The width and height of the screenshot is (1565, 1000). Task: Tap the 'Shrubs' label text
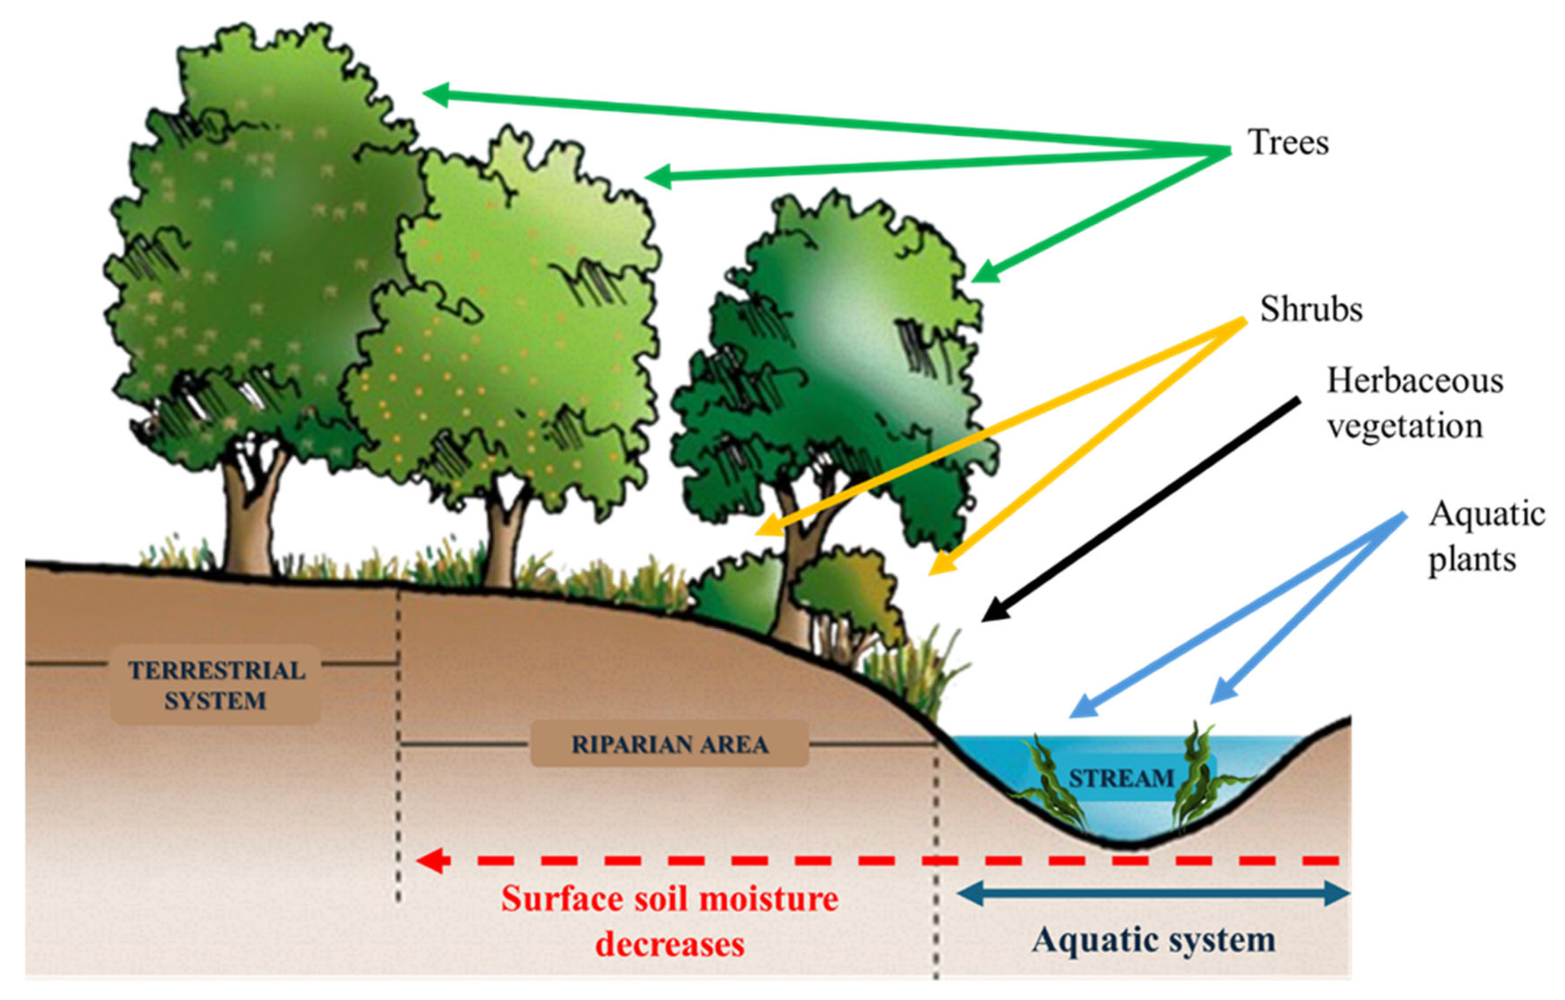pyautogui.click(x=1311, y=309)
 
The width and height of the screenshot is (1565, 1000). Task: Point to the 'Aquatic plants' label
pyautogui.click(x=1486, y=537)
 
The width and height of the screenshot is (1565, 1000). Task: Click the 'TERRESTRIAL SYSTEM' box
pyautogui.click(x=216, y=685)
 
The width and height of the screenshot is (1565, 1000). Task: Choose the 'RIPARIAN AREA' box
pyautogui.click(x=669, y=744)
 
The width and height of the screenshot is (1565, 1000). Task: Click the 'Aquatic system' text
pyautogui.click(x=1154, y=940)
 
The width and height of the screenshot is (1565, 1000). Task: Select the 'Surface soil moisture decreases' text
pyautogui.click(x=669, y=921)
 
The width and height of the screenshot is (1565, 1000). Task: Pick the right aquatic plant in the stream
pyautogui.click(x=1196, y=780)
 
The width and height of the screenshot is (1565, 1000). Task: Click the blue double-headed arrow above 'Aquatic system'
pyautogui.click(x=1154, y=893)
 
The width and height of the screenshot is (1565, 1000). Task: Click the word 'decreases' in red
pyautogui.click(x=669, y=944)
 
